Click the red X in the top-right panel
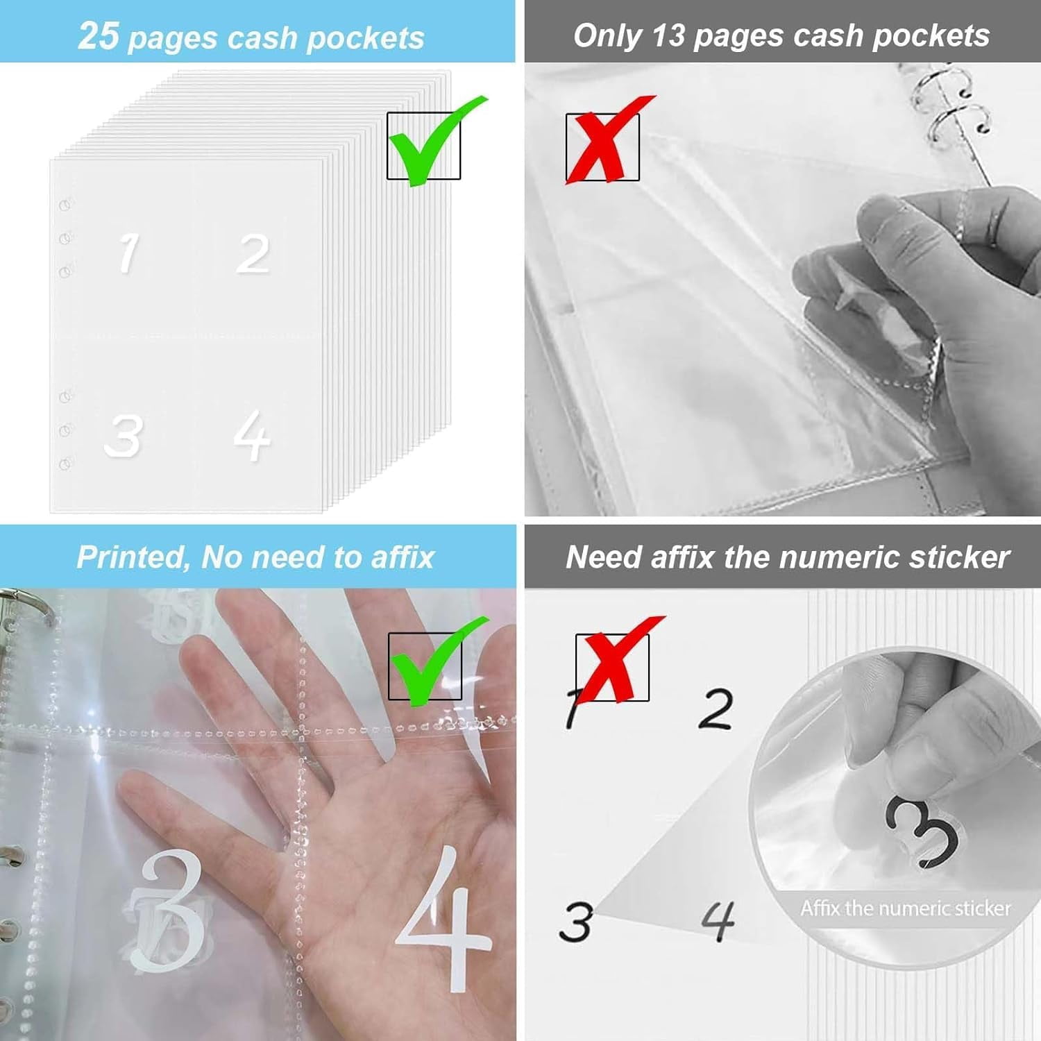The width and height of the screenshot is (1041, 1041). point(605,142)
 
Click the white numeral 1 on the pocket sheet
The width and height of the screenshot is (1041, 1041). point(128,253)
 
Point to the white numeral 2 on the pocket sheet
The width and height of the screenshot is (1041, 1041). point(253,254)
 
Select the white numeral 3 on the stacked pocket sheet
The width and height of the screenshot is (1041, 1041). point(124,437)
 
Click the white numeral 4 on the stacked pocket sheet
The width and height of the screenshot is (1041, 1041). point(251,435)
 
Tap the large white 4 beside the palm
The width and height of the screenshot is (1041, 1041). point(444,920)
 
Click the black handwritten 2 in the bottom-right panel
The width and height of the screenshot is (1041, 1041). point(715,709)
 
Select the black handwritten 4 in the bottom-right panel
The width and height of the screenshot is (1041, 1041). point(718,921)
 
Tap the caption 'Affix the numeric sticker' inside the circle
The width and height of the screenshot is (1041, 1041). point(905,908)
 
